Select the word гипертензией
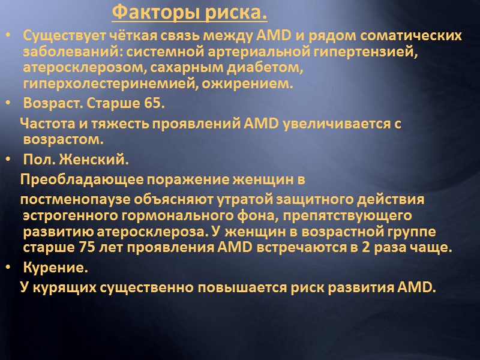click(369, 52)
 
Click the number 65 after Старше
click(152, 103)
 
